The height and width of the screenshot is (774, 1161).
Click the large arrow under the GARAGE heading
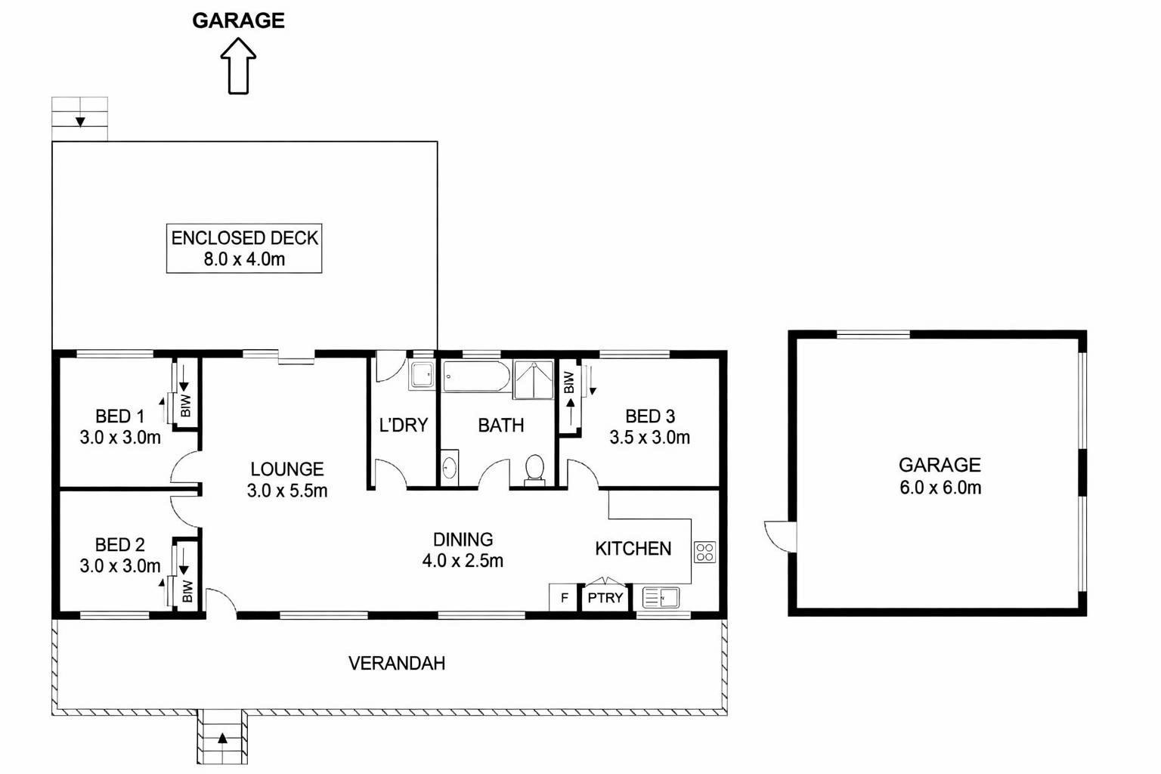pyautogui.click(x=238, y=66)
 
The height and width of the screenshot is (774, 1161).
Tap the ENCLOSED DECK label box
pyautogui.click(x=244, y=249)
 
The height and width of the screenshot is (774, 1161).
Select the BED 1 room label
pyautogui.click(x=120, y=426)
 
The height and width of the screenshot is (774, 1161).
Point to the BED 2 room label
pyautogui.click(x=120, y=555)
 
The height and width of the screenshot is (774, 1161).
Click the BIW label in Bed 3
pyautogui.click(x=569, y=382)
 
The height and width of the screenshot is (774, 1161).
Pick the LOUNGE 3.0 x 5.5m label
pyautogui.click(x=287, y=479)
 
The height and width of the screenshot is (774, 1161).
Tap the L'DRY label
pyautogui.click(x=404, y=425)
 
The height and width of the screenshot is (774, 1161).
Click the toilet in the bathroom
pyautogui.click(x=534, y=470)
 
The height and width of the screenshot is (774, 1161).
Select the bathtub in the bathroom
pyautogui.click(x=476, y=376)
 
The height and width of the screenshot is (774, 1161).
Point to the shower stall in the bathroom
pyautogui.click(x=534, y=379)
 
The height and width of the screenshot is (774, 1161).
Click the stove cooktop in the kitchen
pyautogui.click(x=705, y=552)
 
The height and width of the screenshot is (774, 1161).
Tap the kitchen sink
pyautogui.click(x=661, y=597)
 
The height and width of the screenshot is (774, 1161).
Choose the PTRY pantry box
pyautogui.click(x=605, y=598)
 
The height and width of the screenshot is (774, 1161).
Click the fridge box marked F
pyautogui.click(x=565, y=598)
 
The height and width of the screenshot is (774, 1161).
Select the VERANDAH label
pyautogui.click(x=397, y=664)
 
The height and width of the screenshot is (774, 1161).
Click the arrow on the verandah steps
pyautogui.click(x=222, y=738)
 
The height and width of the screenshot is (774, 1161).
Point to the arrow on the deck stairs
pyautogui.click(x=80, y=122)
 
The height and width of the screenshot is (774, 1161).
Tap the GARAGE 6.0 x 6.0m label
pyautogui.click(x=940, y=476)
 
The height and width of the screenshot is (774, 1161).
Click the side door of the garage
pyautogui.click(x=781, y=537)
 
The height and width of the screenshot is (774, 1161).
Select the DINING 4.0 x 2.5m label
pyautogui.click(x=463, y=550)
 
